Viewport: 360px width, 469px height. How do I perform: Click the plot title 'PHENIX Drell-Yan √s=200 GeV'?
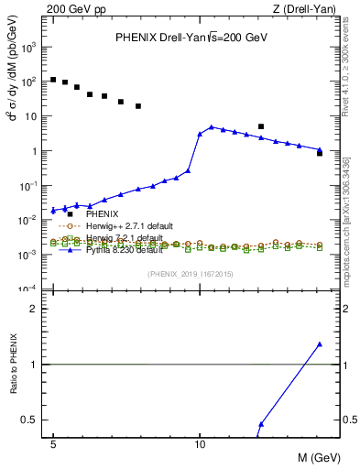pos(191,38)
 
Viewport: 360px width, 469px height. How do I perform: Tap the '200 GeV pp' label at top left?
pos(76,8)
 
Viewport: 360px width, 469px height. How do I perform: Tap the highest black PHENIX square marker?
pos(53,80)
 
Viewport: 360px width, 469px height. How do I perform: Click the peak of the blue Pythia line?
pos(212,126)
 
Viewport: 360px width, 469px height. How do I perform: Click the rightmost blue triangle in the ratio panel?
pos(320,344)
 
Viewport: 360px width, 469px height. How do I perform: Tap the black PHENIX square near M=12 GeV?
pos(261,126)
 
